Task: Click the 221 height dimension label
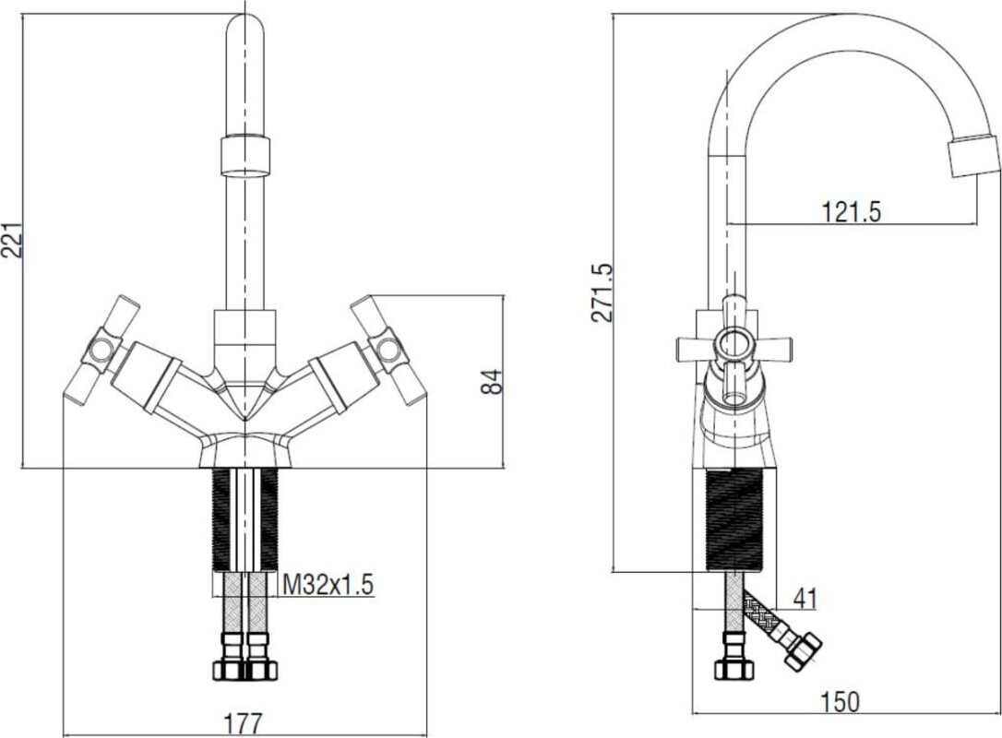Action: [13, 240]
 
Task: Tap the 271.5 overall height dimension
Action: [602, 292]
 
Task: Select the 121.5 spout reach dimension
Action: [851, 211]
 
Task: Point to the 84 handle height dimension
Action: [492, 382]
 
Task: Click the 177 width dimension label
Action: [244, 724]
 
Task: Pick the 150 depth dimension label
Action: [840, 702]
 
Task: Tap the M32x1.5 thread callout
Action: [328, 584]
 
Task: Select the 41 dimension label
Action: [805, 599]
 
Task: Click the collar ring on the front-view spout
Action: [245, 155]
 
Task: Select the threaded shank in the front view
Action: [245, 518]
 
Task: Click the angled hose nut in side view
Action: [804, 650]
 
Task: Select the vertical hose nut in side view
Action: [733, 657]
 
